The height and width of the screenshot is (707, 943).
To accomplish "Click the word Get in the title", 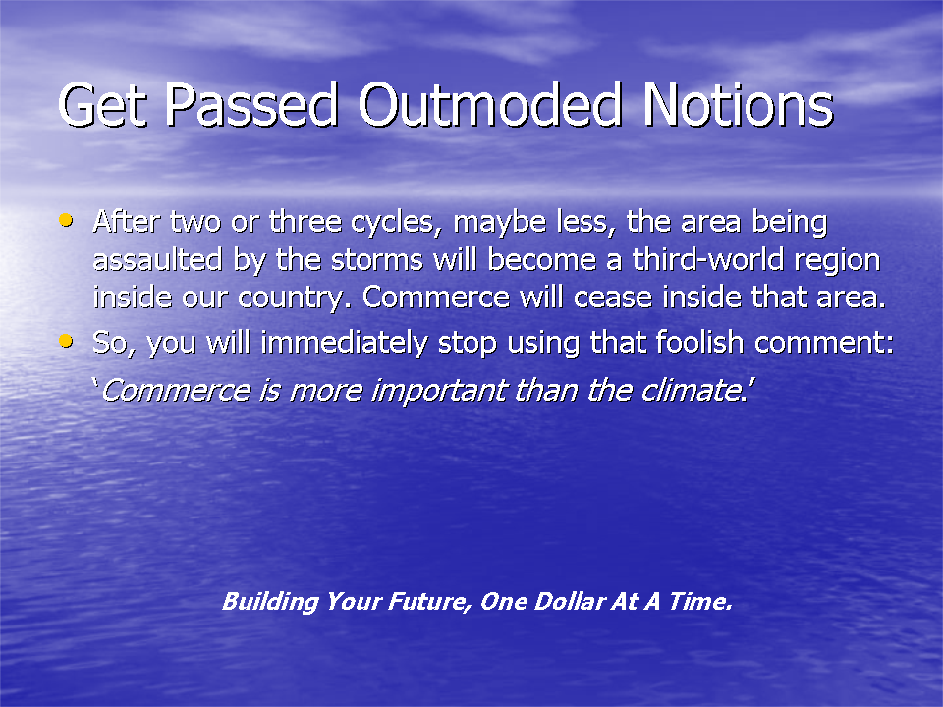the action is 103,105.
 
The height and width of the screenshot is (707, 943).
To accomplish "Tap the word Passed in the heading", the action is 251,105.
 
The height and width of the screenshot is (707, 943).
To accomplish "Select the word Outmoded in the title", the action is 489,105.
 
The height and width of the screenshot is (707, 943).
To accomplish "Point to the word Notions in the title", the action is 739,105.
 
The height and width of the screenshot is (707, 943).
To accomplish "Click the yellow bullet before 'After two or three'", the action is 66,220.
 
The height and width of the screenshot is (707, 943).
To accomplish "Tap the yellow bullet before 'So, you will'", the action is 66,342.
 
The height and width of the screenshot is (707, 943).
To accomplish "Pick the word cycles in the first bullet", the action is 392,223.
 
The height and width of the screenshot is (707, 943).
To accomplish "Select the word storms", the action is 377,260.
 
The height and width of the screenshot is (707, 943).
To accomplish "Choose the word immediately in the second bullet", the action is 344,343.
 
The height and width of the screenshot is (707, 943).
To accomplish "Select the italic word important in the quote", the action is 439,392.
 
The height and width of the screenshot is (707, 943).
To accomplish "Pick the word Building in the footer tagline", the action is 271,602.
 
